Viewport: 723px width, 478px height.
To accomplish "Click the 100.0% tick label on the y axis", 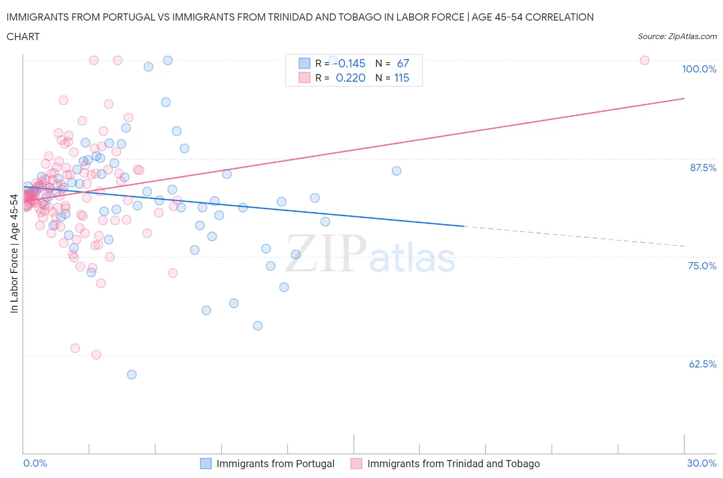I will tap(699, 69).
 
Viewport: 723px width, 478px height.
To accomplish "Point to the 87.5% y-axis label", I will tap(702, 168).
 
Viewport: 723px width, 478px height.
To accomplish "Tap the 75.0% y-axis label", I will tap(702, 266).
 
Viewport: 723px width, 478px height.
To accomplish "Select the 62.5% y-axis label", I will tap(702, 364).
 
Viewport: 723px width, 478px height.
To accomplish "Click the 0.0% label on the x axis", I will tap(35, 463).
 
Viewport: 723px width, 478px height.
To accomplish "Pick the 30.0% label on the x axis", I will tap(701, 463).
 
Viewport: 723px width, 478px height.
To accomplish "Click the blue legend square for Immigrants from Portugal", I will tap(206, 464).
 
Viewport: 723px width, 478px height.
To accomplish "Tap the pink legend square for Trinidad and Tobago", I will tap(356, 464).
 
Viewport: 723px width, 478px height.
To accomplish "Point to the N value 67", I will tap(403, 63).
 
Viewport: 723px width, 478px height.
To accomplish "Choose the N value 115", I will tap(402, 78).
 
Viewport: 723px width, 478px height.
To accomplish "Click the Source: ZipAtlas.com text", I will tap(677, 36).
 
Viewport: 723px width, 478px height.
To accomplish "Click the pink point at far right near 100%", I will tap(644, 60).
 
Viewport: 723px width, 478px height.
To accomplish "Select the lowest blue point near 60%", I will tap(132, 375).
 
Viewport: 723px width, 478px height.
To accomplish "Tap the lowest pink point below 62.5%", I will tap(96, 355).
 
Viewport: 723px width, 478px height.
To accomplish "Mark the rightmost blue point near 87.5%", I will tap(396, 171).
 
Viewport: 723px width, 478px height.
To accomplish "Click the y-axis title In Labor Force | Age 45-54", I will tap(14, 254).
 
